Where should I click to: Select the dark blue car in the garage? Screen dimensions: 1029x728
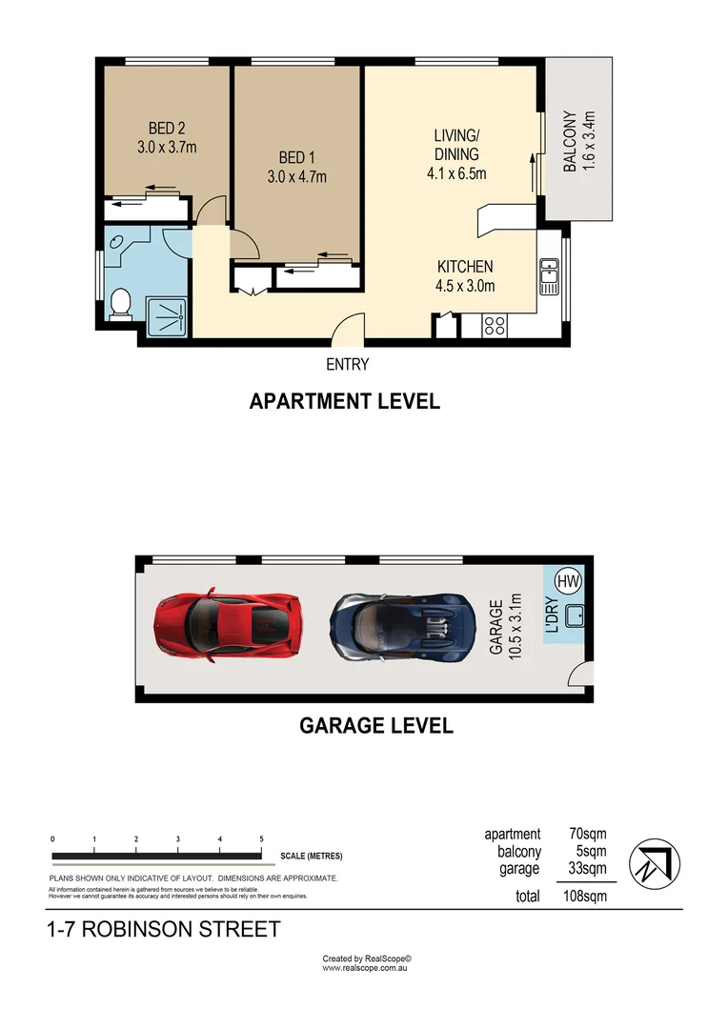402,626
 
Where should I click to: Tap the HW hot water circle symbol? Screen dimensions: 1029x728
567,580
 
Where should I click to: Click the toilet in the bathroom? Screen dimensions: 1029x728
120,304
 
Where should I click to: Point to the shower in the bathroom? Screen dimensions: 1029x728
167,315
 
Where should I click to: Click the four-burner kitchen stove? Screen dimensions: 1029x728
495,325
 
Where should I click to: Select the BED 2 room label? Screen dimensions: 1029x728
166,129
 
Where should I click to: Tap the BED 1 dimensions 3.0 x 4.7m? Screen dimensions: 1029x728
296,176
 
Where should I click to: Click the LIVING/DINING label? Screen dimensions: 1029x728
456,146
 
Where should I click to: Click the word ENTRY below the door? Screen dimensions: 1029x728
347,364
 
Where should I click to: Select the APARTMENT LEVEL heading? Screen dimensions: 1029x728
344,401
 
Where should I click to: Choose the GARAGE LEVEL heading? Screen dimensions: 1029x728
376,725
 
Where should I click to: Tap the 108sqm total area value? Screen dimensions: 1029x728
581,896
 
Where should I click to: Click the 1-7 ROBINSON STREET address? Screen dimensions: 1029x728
164,929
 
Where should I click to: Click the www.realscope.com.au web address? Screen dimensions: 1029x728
366,967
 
